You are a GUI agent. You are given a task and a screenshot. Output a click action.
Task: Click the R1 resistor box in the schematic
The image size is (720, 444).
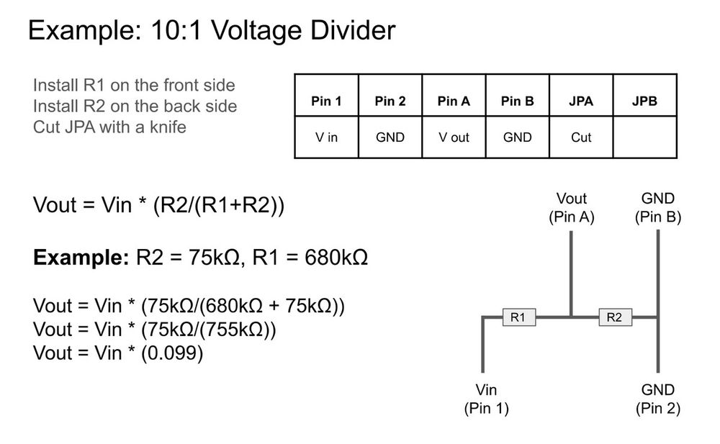coord(518,317)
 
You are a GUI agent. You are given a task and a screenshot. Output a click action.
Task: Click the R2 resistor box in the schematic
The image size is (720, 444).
coord(614,317)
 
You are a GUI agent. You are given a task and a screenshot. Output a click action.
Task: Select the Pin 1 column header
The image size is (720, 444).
coord(326,101)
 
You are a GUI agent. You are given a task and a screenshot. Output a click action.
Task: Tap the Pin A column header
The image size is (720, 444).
coord(454,101)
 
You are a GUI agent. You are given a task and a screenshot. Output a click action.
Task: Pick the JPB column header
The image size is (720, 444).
coord(644,101)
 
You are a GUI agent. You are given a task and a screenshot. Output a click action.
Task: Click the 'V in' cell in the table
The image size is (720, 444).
coord(326,137)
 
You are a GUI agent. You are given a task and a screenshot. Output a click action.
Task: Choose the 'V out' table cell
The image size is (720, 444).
coord(454,137)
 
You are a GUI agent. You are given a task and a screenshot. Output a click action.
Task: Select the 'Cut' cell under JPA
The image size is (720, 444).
coord(581,137)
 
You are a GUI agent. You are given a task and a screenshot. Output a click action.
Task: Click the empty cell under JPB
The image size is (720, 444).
coord(644,137)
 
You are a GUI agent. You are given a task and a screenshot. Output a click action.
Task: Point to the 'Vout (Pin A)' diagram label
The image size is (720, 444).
coord(571,207)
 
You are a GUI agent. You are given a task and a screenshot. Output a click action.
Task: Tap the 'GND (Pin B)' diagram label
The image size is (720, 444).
coord(657,207)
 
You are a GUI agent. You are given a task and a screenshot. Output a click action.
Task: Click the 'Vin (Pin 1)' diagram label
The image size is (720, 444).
coord(486,399)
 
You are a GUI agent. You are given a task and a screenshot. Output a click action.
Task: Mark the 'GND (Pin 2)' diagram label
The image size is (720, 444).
coord(657,399)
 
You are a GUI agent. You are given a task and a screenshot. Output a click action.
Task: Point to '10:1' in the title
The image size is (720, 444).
coord(167,31)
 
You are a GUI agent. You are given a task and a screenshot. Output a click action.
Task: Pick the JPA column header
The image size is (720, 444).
coord(581,101)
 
